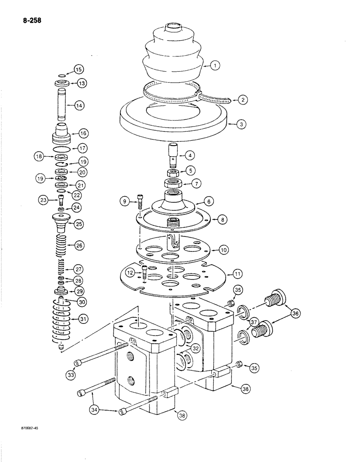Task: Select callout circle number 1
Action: tap(215, 66)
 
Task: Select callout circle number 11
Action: tap(237, 274)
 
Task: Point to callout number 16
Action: tap(83, 133)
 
